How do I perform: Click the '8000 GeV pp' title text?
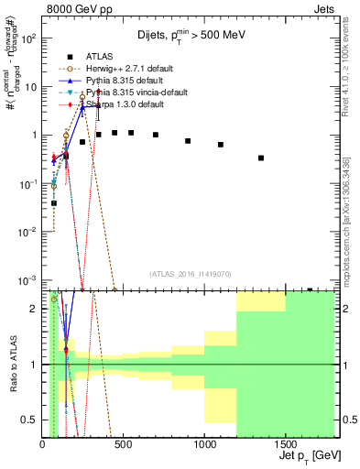click(80, 10)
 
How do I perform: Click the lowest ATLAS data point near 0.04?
click(54, 202)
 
